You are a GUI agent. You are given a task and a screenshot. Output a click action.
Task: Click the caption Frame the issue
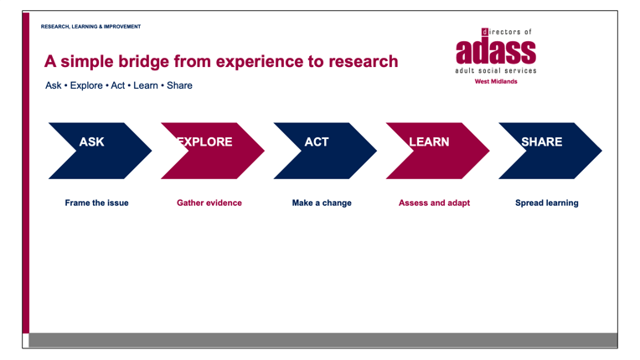96,203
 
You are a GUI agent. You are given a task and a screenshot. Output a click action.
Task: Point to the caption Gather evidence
209,203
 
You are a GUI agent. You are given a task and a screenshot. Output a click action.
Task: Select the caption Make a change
322,203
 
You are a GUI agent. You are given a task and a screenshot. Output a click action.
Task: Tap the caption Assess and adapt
434,203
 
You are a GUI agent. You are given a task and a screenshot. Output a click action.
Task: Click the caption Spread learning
546,203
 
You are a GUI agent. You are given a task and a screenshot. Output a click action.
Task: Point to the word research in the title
364,62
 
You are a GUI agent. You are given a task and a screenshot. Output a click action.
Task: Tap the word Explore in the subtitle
86,85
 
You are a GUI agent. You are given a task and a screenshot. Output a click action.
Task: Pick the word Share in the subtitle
179,85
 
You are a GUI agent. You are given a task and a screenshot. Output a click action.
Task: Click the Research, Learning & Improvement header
90,27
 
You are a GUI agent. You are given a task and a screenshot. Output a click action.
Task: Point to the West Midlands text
496,81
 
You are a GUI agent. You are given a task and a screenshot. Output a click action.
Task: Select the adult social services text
496,70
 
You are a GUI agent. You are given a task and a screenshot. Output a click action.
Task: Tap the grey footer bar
323,340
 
